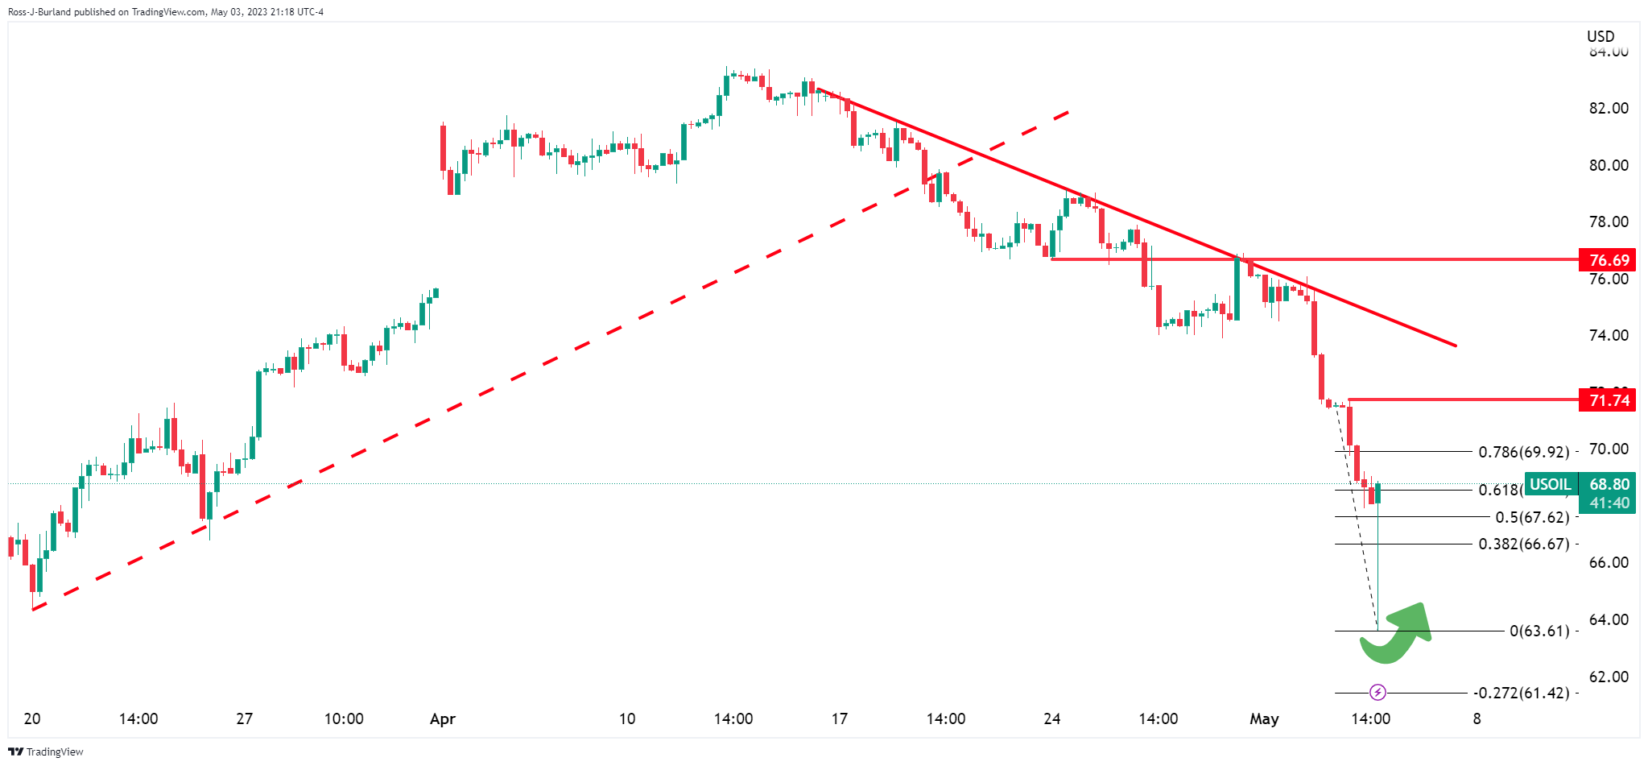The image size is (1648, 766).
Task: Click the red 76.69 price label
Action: [1607, 260]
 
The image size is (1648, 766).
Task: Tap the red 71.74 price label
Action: [1607, 400]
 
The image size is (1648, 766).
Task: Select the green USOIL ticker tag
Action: [1550, 484]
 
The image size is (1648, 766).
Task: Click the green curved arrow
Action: [1397, 633]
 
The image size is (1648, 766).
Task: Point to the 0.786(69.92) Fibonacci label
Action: [1524, 452]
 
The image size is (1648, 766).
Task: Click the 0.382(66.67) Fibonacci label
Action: [1524, 544]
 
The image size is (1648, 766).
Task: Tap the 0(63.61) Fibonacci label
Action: [1539, 631]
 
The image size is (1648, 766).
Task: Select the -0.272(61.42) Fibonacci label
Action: [1521, 693]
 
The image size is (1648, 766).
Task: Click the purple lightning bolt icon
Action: [1377, 692]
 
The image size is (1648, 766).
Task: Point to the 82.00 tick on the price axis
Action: [1609, 108]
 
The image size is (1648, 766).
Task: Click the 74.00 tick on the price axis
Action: [1609, 335]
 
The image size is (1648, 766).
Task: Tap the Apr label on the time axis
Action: [443, 718]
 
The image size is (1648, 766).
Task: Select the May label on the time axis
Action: [1264, 718]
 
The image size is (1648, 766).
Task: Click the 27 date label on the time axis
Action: [244, 718]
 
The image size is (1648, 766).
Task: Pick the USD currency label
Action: [1601, 36]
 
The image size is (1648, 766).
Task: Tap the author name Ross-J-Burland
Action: [39, 12]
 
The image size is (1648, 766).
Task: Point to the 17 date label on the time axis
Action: [840, 718]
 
